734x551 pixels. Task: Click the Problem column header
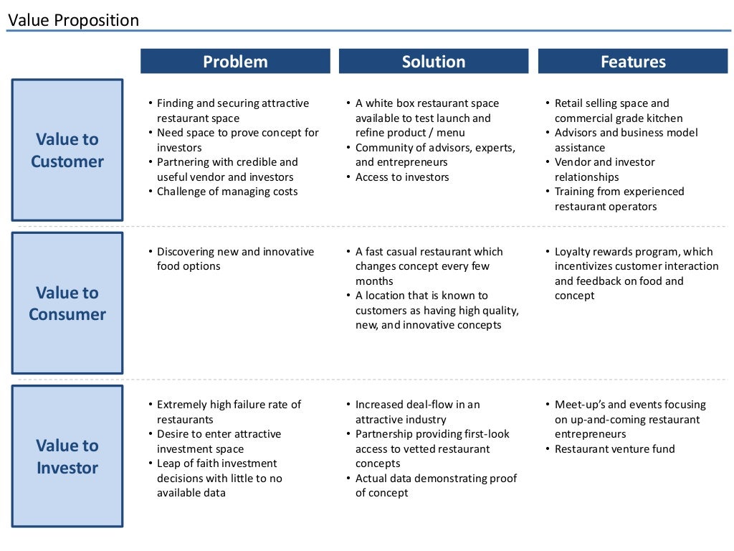coord(235,62)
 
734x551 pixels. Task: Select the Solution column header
coord(433,62)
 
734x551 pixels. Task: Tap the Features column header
coord(633,62)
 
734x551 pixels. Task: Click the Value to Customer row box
coord(67,150)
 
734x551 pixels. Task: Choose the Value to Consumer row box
coord(67,303)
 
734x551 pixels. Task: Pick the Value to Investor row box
coord(67,456)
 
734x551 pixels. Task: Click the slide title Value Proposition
coord(73,20)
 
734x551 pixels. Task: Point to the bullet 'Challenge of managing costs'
coord(227,192)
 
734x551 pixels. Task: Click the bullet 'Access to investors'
coord(402,177)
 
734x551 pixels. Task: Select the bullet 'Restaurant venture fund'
coord(614,449)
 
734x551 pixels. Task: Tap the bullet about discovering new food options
coord(235,259)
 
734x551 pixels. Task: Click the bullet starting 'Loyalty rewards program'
coord(636,273)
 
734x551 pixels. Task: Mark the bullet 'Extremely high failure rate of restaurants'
coord(229,412)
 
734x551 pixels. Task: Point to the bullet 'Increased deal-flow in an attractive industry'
coord(417,412)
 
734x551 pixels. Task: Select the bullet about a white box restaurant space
coord(426,118)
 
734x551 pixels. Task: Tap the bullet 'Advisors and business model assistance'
coord(626,140)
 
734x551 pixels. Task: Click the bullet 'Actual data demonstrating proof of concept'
coord(435,486)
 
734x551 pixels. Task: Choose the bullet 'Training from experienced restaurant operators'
coord(619,199)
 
